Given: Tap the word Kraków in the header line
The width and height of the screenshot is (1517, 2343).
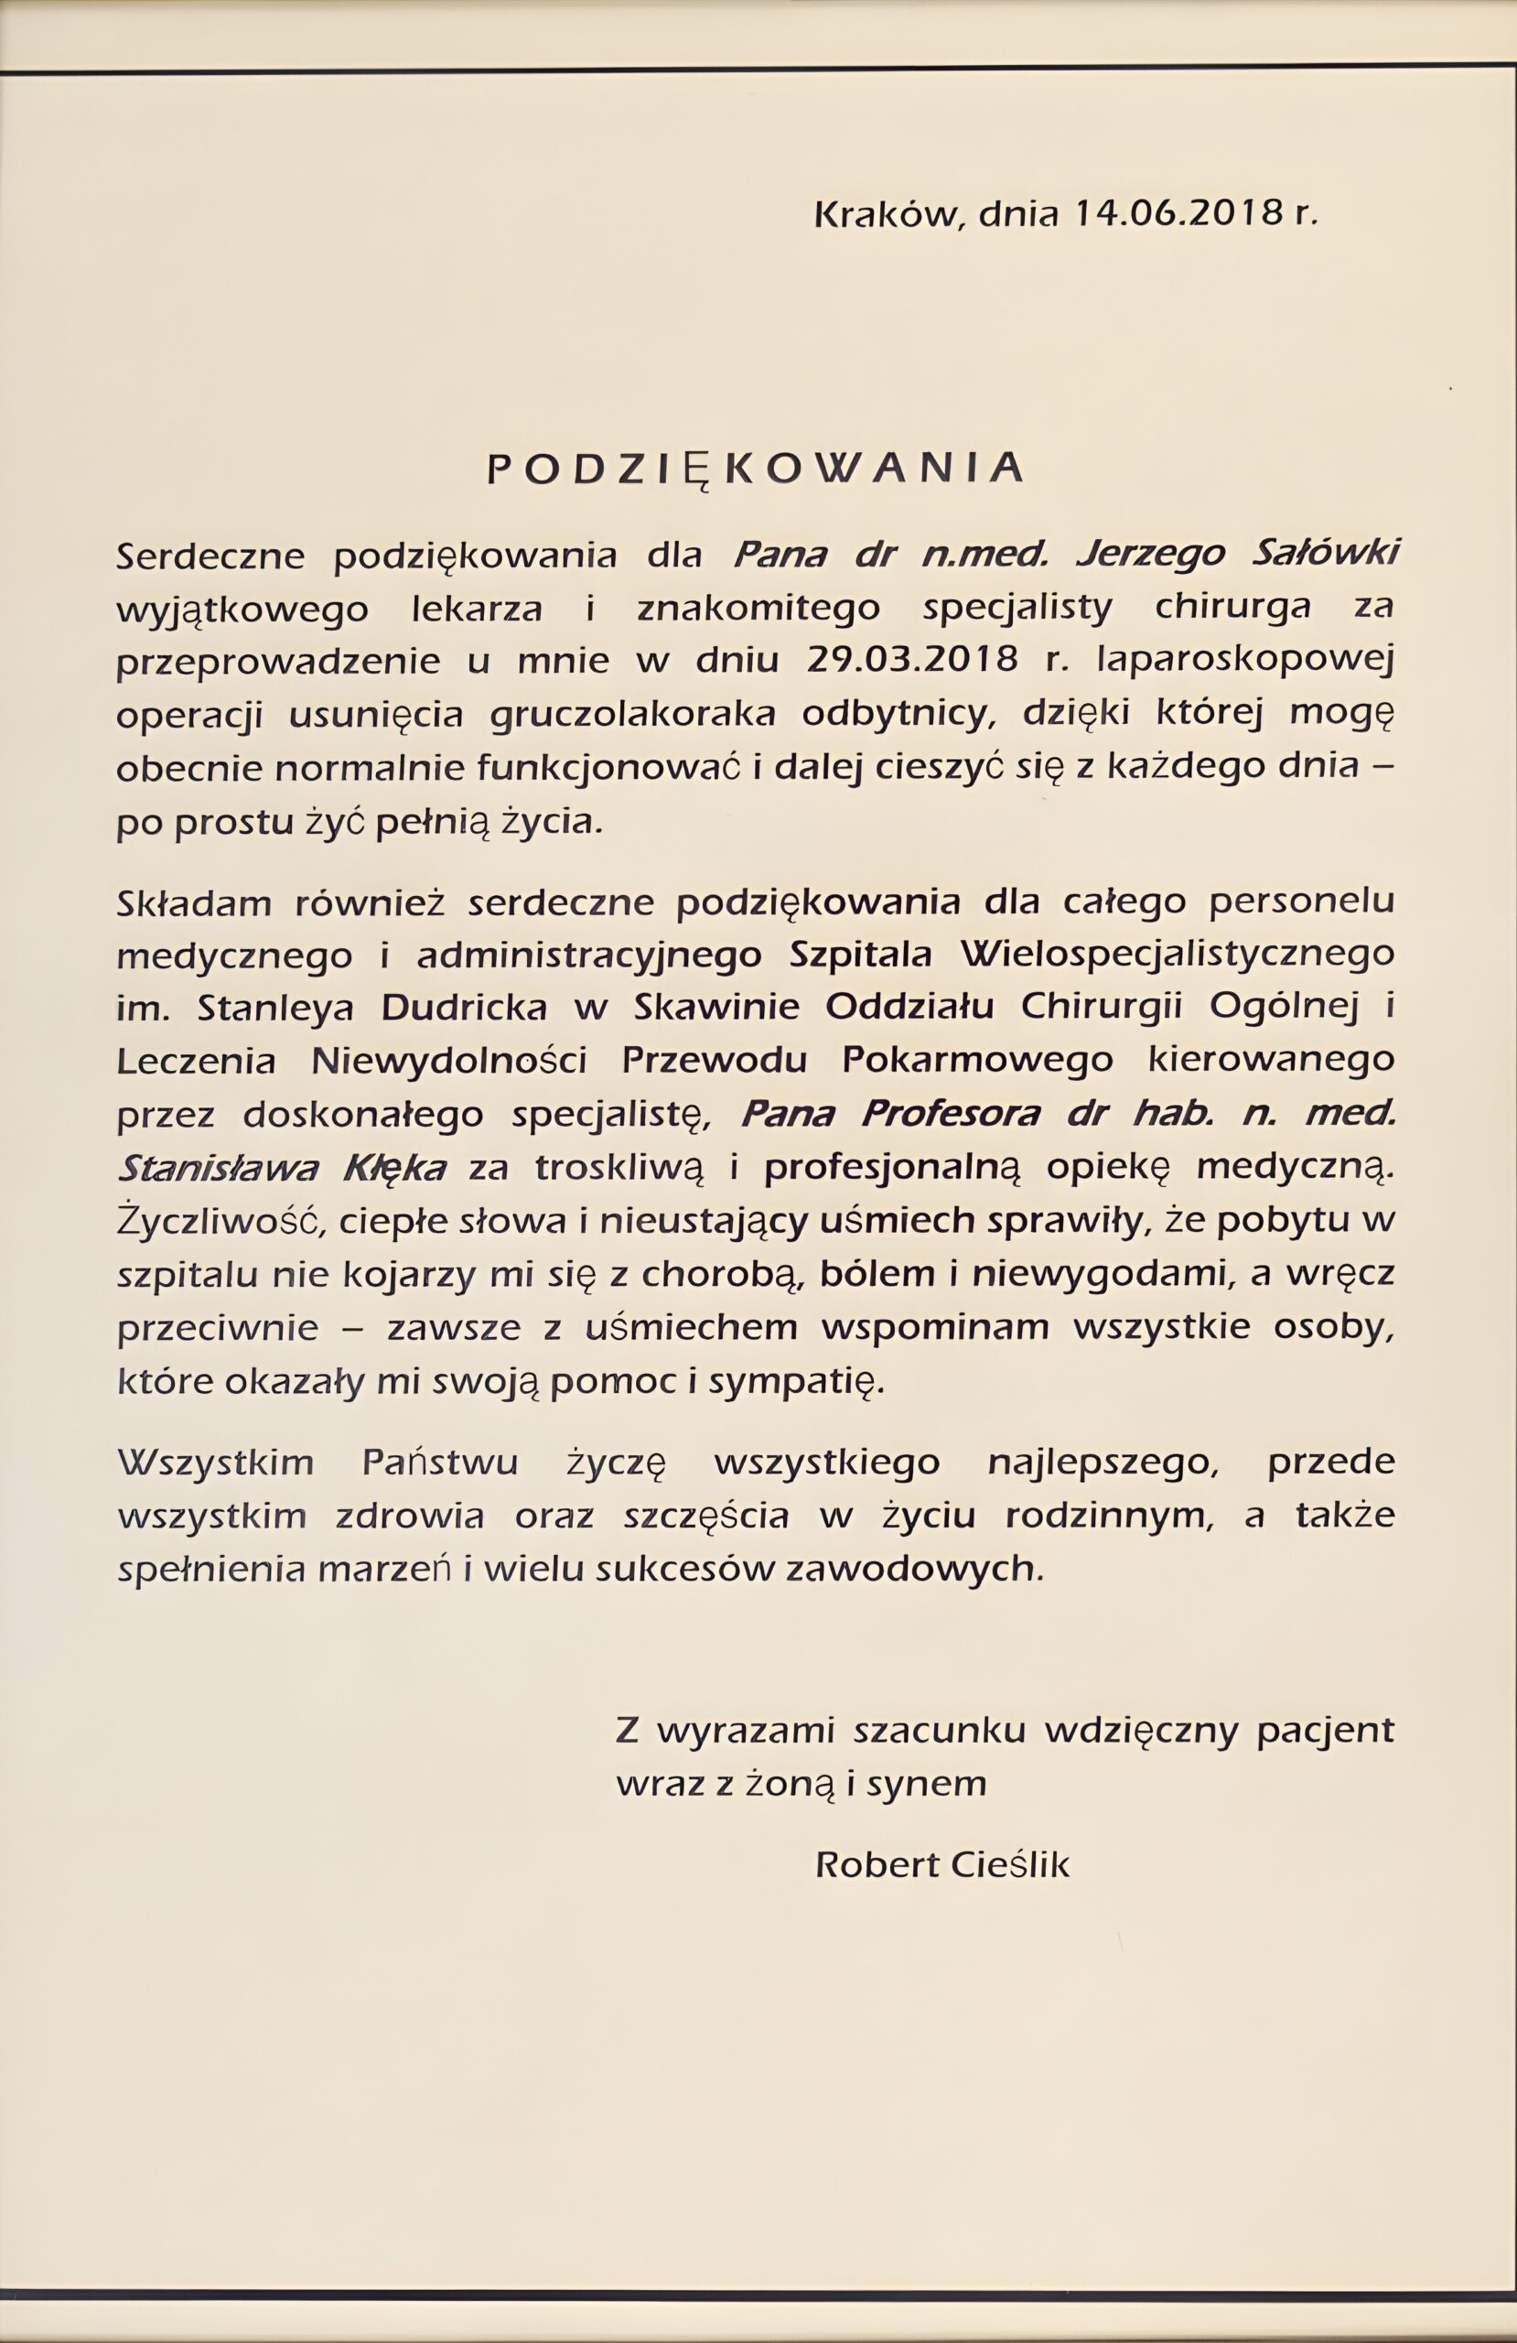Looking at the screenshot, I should tap(883, 212).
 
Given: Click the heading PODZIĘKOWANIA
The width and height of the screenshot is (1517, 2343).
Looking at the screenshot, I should tap(755, 470).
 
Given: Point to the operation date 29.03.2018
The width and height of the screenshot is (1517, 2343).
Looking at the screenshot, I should tap(910, 660).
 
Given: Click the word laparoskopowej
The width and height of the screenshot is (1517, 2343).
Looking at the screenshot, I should tap(1245, 660).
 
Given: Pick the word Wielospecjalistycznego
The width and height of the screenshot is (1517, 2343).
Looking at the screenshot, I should tap(1178, 954).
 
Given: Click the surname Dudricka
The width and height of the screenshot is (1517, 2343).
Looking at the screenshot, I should tap(464, 1007).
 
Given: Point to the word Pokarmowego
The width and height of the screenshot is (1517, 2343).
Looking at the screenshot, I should tap(977, 1060).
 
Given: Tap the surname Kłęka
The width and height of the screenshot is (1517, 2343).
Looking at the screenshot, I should tap(393, 1168).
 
